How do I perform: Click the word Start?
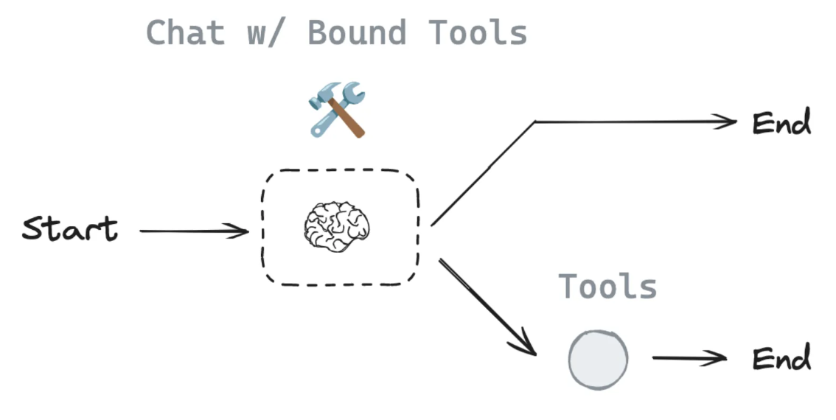click(69, 228)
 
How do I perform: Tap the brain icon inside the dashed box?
click(336, 226)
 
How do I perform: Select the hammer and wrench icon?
click(336, 110)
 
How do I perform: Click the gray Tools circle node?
click(598, 360)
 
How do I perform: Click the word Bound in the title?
click(357, 33)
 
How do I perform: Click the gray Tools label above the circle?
click(607, 286)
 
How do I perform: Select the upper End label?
click(781, 123)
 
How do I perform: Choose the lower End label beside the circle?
click(781, 359)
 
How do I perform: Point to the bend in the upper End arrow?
click(535, 122)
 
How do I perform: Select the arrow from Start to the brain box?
click(193, 231)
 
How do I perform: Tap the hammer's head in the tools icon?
click(321, 99)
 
